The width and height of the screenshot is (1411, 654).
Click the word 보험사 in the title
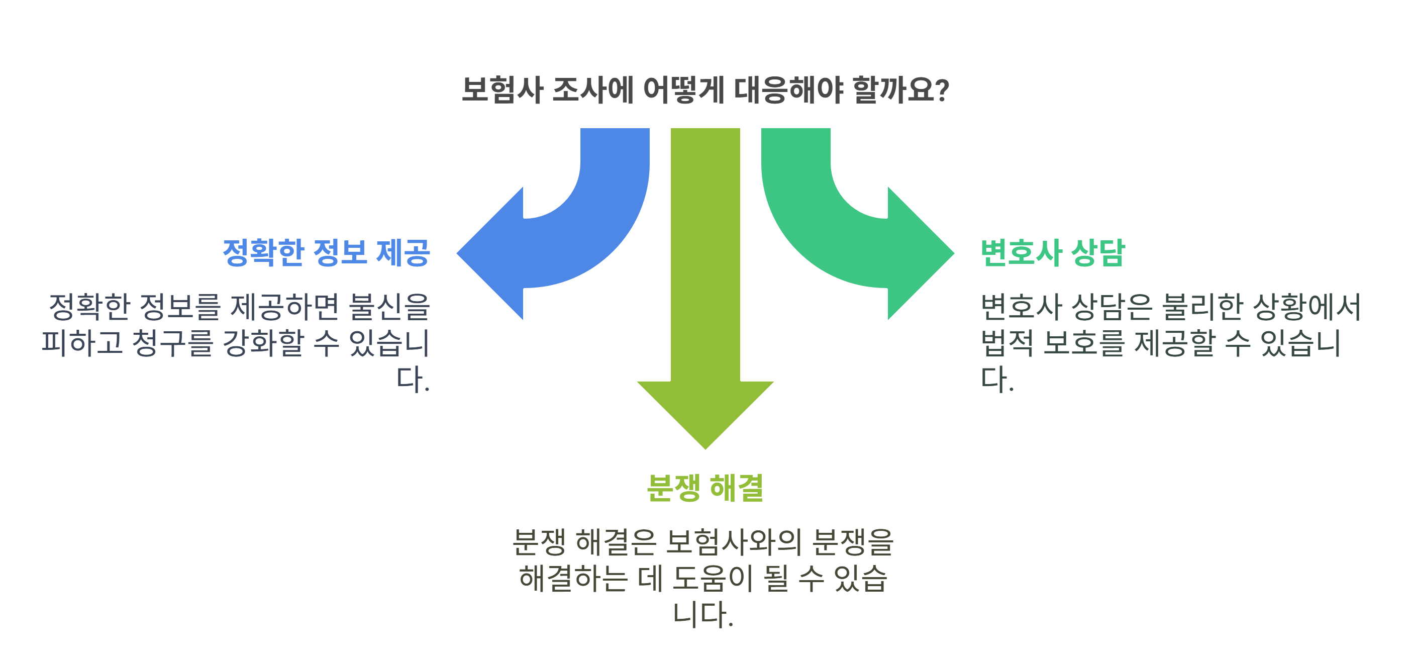[501, 90]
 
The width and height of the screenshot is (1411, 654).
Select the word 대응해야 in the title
[788, 90]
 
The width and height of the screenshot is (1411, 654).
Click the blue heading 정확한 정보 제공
[326, 252]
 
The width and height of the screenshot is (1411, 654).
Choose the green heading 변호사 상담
[1052, 252]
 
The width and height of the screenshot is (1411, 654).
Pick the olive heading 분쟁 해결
[705, 488]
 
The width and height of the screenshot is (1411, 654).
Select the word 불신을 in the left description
[389, 306]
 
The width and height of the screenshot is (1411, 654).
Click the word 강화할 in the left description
[263, 343]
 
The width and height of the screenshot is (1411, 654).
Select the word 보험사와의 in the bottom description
[734, 542]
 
